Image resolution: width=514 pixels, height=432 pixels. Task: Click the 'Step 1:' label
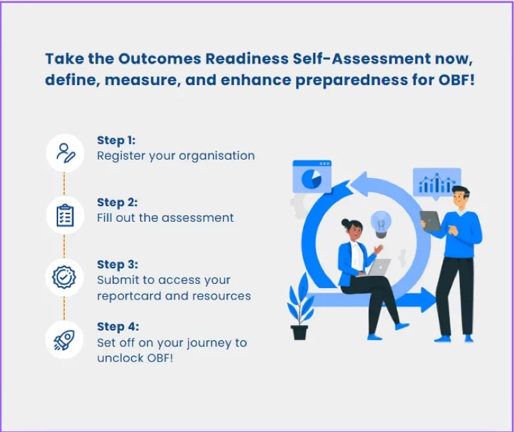[x=116, y=141]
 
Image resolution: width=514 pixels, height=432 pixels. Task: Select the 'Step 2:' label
[x=116, y=202]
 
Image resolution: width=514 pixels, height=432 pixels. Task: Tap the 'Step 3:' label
[x=116, y=264]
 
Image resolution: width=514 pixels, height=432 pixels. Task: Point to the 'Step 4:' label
[x=116, y=327]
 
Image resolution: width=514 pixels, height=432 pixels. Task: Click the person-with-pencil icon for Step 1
[x=65, y=153]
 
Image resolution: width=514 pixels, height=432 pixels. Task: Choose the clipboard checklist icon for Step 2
[x=65, y=214]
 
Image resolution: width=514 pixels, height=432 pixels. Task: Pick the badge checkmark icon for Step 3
[x=65, y=277]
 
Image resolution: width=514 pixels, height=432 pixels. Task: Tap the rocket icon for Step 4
[x=65, y=339]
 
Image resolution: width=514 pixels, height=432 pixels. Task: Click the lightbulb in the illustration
[x=381, y=224]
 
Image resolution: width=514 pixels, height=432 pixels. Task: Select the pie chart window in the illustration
[x=312, y=177]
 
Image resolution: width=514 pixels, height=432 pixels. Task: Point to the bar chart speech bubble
[x=437, y=182]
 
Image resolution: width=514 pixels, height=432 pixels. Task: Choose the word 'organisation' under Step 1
[x=217, y=155]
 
